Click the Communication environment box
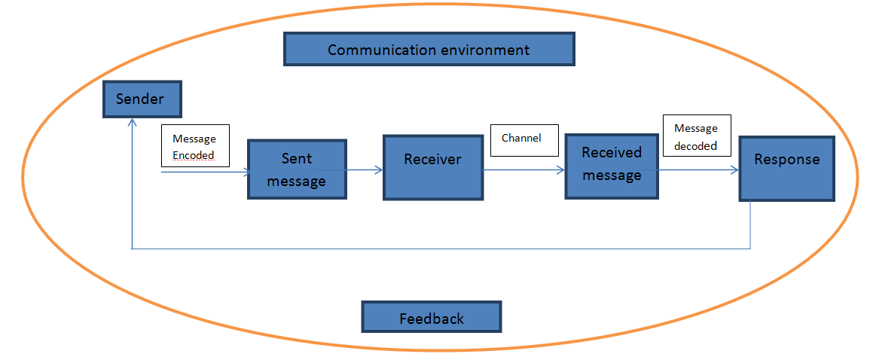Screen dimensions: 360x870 429,50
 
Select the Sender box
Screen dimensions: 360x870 141,99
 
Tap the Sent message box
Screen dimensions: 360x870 297,169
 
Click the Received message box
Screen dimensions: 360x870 612,166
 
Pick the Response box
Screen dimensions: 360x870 786,169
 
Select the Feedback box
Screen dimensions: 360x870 432,318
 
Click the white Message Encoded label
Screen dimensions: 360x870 194,147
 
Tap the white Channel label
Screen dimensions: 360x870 524,139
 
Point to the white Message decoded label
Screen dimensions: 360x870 696,136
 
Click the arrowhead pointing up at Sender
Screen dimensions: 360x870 132,123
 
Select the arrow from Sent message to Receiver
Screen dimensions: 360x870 365,171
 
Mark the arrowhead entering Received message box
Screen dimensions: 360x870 560,171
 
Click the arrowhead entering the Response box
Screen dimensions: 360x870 734,171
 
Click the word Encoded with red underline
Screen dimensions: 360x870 194,155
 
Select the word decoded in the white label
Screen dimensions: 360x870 695,145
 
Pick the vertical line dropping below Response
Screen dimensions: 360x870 751,224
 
